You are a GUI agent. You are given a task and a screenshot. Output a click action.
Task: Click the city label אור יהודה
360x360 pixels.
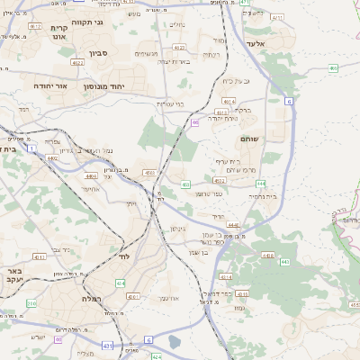46,85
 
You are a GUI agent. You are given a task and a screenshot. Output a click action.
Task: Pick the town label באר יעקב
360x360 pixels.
11,274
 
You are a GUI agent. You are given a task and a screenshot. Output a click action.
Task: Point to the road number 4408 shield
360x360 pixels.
267,255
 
